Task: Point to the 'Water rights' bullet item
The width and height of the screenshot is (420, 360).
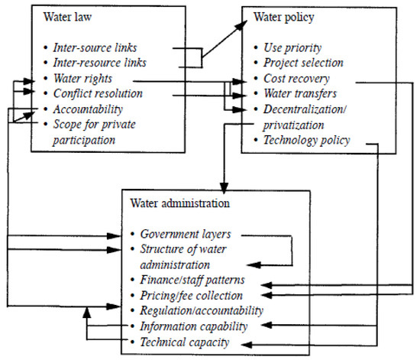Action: click(x=82, y=79)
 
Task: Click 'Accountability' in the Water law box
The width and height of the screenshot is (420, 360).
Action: click(x=86, y=109)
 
